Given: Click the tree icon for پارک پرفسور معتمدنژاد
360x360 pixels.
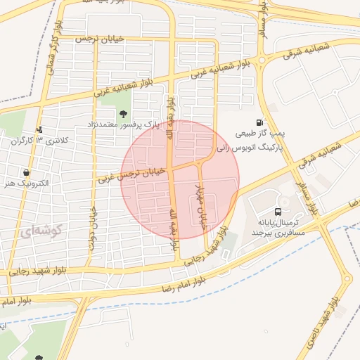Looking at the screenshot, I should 124,112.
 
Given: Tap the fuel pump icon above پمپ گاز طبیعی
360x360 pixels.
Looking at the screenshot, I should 260,123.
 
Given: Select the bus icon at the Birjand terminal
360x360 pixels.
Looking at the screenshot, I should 278,212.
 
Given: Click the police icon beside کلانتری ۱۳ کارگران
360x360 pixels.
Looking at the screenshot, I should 39,129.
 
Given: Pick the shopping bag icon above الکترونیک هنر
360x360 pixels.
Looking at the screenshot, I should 26,172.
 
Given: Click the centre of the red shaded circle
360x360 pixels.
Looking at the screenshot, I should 180,180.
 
